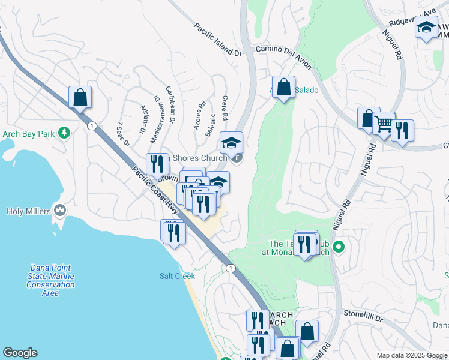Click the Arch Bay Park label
[x=28, y=133]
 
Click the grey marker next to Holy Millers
[x=59, y=210]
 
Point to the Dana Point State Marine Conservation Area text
[x=50, y=280]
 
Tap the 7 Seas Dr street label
[x=124, y=133]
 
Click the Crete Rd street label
[x=226, y=107]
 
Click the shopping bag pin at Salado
[x=283, y=86]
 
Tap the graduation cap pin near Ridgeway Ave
[x=426, y=28]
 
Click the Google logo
[x=20, y=353]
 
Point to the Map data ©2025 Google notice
[x=411, y=355]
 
